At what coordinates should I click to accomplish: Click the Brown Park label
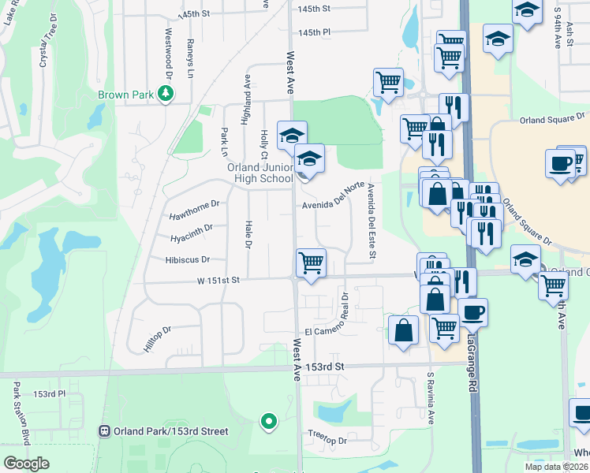tap(125, 95)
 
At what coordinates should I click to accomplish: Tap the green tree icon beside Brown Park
tap(166, 95)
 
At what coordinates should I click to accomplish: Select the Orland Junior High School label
tap(260, 173)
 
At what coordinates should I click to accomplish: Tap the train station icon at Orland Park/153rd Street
tap(103, 431)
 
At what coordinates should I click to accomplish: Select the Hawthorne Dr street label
tap(193, 214)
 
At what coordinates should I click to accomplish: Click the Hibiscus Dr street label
tap(188, 259)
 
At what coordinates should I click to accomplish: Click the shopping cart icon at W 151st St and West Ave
tap(311, 263)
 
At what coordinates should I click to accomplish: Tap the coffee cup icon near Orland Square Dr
tap(561, 164)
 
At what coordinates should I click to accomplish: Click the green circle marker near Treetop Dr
tap(269, 421)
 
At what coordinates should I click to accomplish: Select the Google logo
tap(27, 463)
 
